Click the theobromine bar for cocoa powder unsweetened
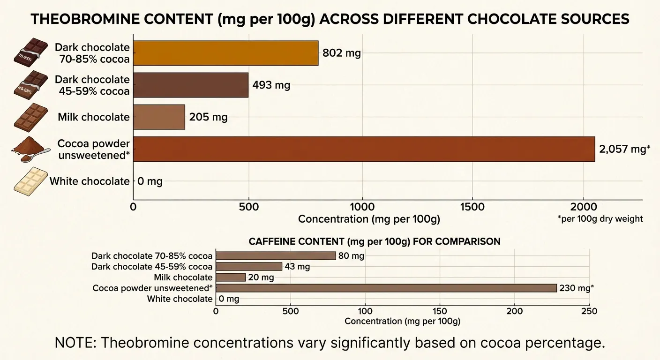tap(364, 149)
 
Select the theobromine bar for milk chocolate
tap(159, 117)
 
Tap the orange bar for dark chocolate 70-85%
tap(225, 53)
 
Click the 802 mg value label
tap(342, 53)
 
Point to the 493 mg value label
tap(271, 85)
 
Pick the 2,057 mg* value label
tap(624, 150)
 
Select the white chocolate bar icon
tap(30, 182)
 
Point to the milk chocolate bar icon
tap(30, 117)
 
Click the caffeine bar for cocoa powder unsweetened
tap(386, 288)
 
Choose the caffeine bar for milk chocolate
tap(230, 277)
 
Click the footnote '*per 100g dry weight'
tap(600, 219)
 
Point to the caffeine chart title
tap(374, 241)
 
